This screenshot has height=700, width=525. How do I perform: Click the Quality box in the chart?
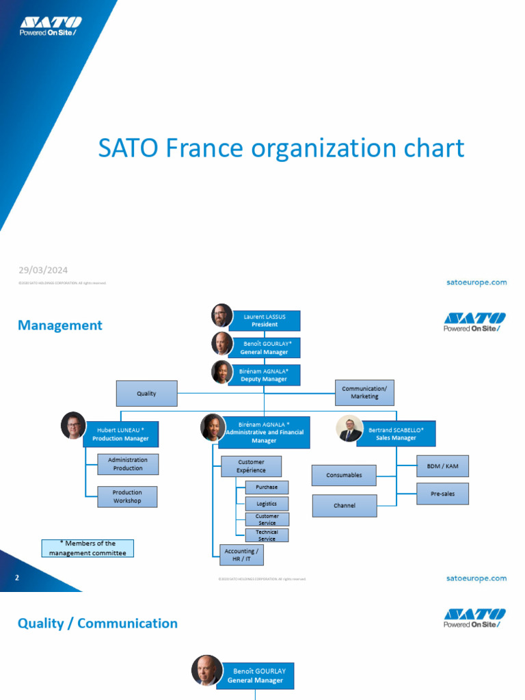[146, 394]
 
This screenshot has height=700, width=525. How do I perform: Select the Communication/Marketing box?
[364, 392]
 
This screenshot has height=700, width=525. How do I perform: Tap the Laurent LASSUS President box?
[265, 321]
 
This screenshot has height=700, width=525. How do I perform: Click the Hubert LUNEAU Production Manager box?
[121, 434]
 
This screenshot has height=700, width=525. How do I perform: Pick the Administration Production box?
[128, 464]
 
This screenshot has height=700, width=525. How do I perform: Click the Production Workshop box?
[127, 496]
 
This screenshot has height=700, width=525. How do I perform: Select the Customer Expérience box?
[251, 466]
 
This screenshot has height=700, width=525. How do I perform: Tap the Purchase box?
[267, 487]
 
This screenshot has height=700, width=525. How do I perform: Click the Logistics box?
[267, 504]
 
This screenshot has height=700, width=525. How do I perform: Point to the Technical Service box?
[267, 535]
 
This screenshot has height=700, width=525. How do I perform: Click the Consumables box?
[344, 475]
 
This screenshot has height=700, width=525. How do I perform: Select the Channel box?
[345, 506]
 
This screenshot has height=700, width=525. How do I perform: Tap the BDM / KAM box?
[442, 466]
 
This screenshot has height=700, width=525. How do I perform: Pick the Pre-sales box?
[442, 494]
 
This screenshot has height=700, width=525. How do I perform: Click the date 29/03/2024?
[43, 270]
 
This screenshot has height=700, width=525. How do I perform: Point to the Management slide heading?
[60, 325]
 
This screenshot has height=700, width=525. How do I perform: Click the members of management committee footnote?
[87, 548]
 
